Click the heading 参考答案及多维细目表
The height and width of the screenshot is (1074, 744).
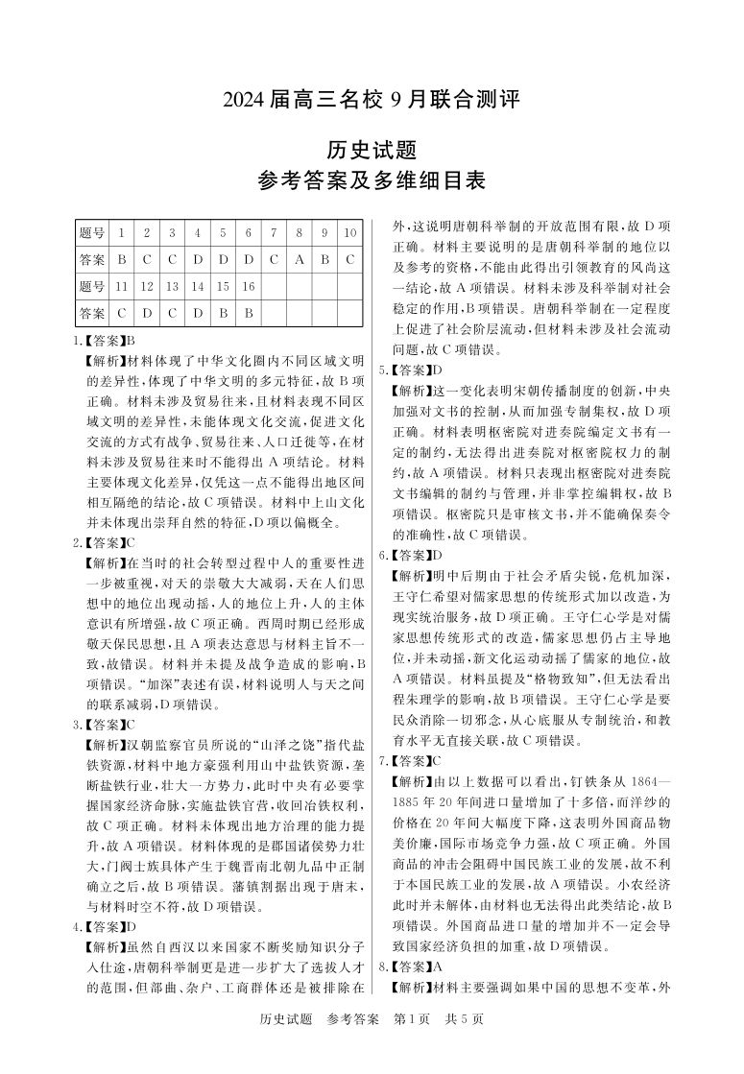[x=372, y=179]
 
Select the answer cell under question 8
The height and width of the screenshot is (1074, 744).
[x=300, y=259]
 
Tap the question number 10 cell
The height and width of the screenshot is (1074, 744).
[x=350, y=232]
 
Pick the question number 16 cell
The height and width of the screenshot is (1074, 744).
[x=248, y=286]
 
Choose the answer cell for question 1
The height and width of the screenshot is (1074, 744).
[x=122, y=259]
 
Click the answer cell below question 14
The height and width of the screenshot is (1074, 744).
[x=198, y=313]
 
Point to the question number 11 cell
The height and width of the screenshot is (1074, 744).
[x=122, y=286]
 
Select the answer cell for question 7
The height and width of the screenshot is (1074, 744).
[x=274, y=259]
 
